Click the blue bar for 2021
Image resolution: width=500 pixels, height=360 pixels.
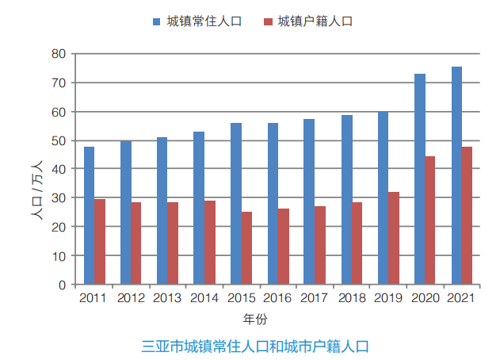click(456, 175)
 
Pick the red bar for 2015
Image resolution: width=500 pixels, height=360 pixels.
click(246, 248)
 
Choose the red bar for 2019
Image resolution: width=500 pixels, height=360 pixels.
click(394, 238)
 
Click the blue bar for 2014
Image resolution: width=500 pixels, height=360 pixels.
click(199, 208)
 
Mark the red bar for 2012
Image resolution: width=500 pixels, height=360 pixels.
click(136, 243)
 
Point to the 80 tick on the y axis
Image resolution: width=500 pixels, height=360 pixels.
click(58, 54)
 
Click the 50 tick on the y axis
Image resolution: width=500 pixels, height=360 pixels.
click(58, 140)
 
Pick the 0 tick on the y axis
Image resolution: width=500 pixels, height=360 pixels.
click(61, 285)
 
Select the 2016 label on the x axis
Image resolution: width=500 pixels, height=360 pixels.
click(277, 299)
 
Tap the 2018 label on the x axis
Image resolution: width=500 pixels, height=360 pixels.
click(351, 299)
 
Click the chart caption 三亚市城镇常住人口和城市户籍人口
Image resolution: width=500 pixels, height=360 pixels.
click(255, 347)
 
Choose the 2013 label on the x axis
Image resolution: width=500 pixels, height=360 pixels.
click(167, 299)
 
